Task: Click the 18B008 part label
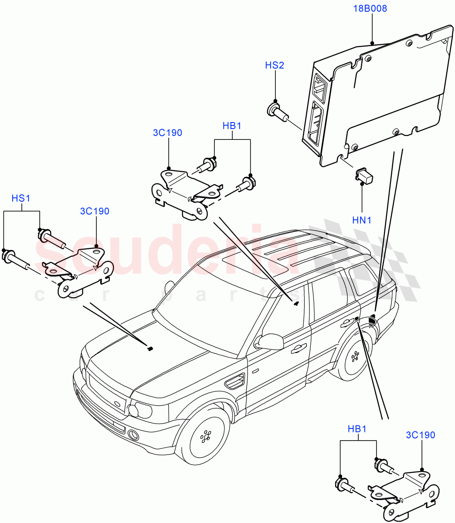pos(370,9)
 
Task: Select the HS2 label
pos(275,65)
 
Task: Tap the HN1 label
pos(362,221)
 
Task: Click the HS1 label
pos(20,198)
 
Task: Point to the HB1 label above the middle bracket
pos(232,126)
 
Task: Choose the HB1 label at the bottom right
pos(357,429)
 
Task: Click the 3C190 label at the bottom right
pos(420,435)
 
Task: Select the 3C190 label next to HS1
pos(95,211)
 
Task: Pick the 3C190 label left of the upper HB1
pos(167,133)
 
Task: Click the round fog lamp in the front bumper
pos(133,435)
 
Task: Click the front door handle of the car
pos(298,348)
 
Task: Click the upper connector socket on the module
pos(320,87)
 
